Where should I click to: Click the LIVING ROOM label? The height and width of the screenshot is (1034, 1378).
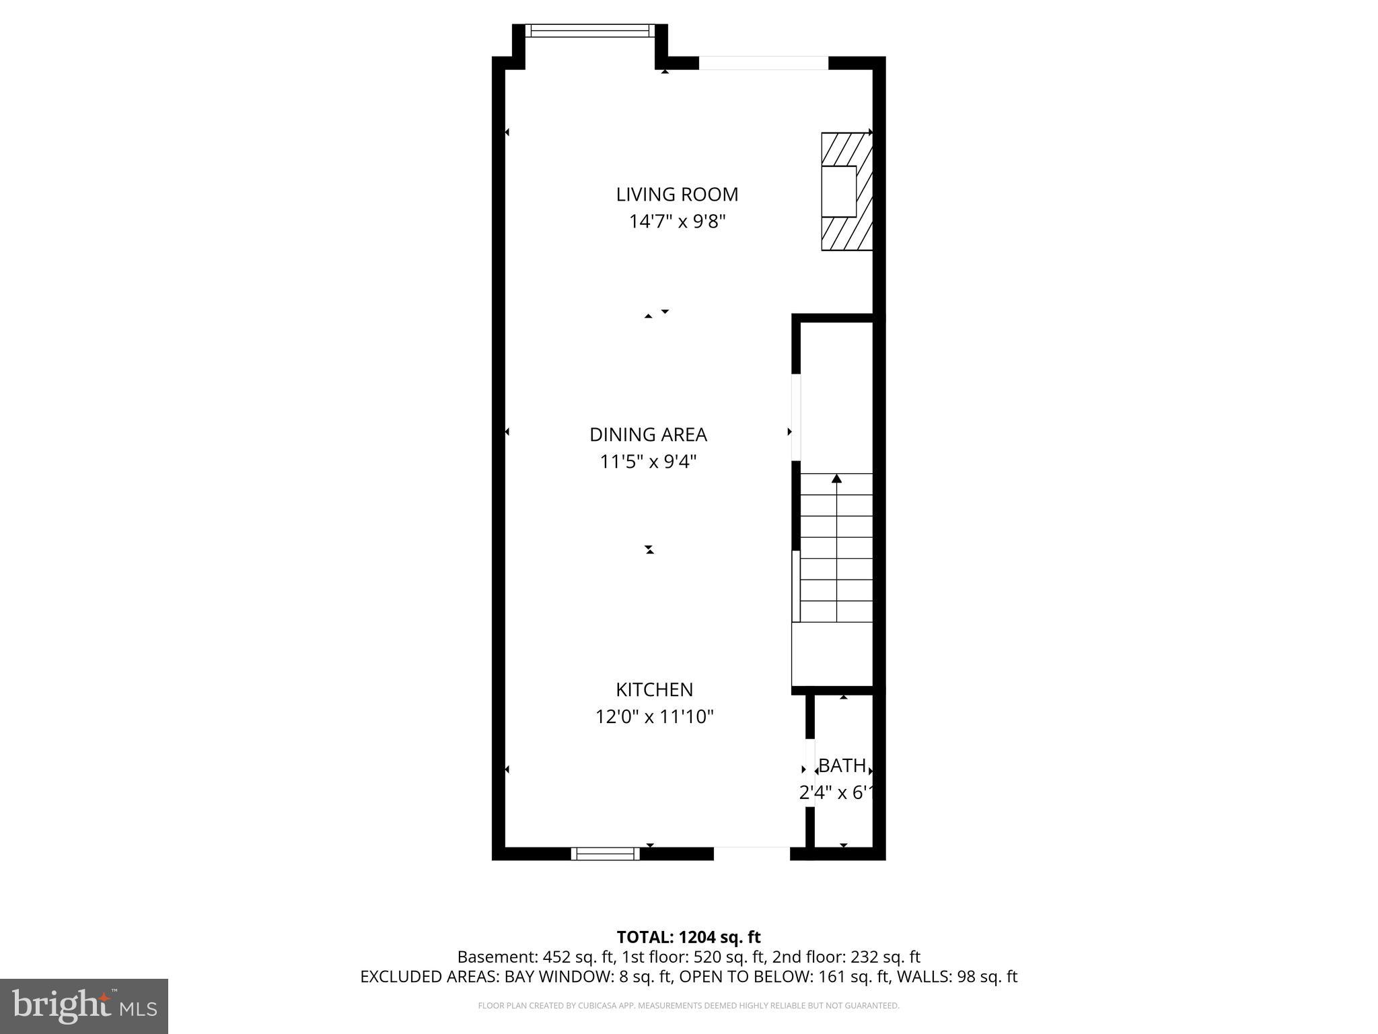(x=677, y=195)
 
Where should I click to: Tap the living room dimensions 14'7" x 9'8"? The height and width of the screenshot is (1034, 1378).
(x=677, y=221)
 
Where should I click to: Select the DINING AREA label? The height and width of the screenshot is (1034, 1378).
(x=648, y=435)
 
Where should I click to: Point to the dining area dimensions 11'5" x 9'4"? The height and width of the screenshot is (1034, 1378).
(x=648, y=462)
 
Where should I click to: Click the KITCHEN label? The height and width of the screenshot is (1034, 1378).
(x=654, y=689)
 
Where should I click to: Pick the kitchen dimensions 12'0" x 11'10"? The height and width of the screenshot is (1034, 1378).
(x=654, y=717)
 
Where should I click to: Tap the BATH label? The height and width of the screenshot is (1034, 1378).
(x=842, y=765)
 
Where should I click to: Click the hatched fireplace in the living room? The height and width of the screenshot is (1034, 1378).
(x=846, y=192)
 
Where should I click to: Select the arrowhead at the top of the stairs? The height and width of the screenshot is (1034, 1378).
(x=836, y=479)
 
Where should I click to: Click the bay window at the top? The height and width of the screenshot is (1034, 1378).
(x=589, y=30)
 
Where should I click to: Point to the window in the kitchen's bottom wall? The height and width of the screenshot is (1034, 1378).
(x=605, y=854)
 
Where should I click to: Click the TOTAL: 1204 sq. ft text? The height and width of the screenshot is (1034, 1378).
(x=688, y=937)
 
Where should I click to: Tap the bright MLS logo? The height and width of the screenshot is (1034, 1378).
(x=84, y=1006)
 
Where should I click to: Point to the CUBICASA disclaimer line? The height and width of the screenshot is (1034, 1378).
(x=688, y=1006)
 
